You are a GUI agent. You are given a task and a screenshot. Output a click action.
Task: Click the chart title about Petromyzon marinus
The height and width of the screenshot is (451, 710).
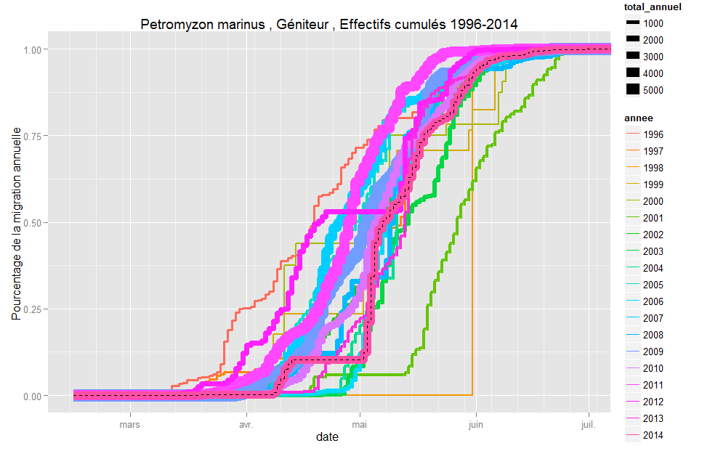(329, 23)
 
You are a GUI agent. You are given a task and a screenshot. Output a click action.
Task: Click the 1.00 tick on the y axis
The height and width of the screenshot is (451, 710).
(33, 49)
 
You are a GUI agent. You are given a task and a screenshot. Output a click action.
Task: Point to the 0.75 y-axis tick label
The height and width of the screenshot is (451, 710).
(33, 136)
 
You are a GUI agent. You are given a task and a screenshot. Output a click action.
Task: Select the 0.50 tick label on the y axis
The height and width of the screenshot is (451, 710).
(33, 223)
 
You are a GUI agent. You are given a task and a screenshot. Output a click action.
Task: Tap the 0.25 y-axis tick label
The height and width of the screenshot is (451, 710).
(33, 309)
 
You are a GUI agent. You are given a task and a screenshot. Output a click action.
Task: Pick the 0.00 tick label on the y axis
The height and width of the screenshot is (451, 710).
(33, 397)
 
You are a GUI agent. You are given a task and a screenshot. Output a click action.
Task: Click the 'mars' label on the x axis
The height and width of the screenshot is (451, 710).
(130, 423)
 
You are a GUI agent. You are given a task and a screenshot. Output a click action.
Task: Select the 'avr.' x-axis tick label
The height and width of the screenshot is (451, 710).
(246, 423)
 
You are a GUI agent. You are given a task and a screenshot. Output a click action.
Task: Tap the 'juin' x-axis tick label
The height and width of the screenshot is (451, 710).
(475, 423)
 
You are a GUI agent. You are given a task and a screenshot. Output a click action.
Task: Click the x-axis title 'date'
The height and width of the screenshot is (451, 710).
(328, 437)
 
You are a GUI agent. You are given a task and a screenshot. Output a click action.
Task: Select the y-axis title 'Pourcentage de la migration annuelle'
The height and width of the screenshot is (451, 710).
(16, 222)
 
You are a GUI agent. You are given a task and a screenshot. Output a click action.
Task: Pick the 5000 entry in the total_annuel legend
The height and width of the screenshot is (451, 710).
(653, 90)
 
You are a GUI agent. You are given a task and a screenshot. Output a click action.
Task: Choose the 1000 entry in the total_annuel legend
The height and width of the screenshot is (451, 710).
(653, 23)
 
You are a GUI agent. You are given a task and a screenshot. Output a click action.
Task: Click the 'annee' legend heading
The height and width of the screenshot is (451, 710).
(639, 118)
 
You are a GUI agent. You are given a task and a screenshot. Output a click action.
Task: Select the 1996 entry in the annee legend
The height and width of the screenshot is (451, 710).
(653, 134)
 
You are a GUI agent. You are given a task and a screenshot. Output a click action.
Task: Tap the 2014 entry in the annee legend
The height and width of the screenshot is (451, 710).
(653, 435)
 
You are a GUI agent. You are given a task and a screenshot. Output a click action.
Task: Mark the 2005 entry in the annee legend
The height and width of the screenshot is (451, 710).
(653, 285)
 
